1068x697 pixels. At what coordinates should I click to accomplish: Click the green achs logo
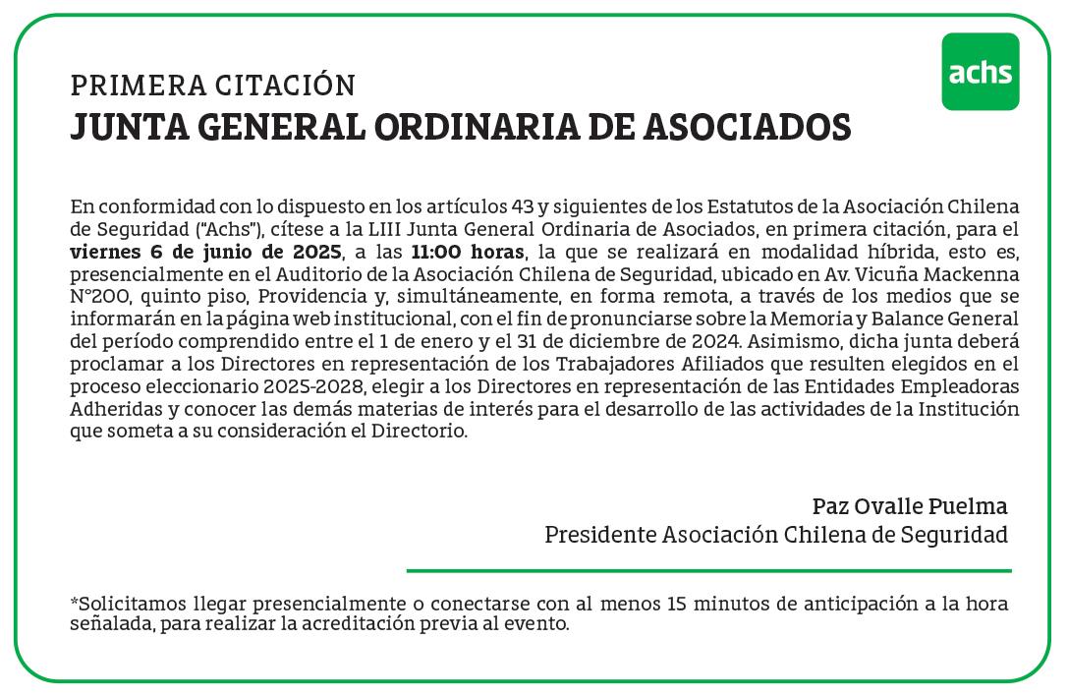click(980, 72)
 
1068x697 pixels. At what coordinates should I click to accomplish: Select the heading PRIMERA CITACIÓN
click(212, 87)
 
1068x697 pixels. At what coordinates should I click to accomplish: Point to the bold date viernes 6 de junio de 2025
click(206, 251)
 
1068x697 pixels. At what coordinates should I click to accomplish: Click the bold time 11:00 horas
click(469, 251)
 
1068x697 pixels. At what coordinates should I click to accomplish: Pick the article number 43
click(524, 207)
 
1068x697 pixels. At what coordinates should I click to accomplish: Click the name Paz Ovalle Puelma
click(910, 507)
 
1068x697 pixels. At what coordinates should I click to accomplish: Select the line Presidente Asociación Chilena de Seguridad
click(776, 536)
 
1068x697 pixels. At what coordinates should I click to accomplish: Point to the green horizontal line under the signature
click(708, 570)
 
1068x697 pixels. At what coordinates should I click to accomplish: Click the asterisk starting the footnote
click(74, 602)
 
